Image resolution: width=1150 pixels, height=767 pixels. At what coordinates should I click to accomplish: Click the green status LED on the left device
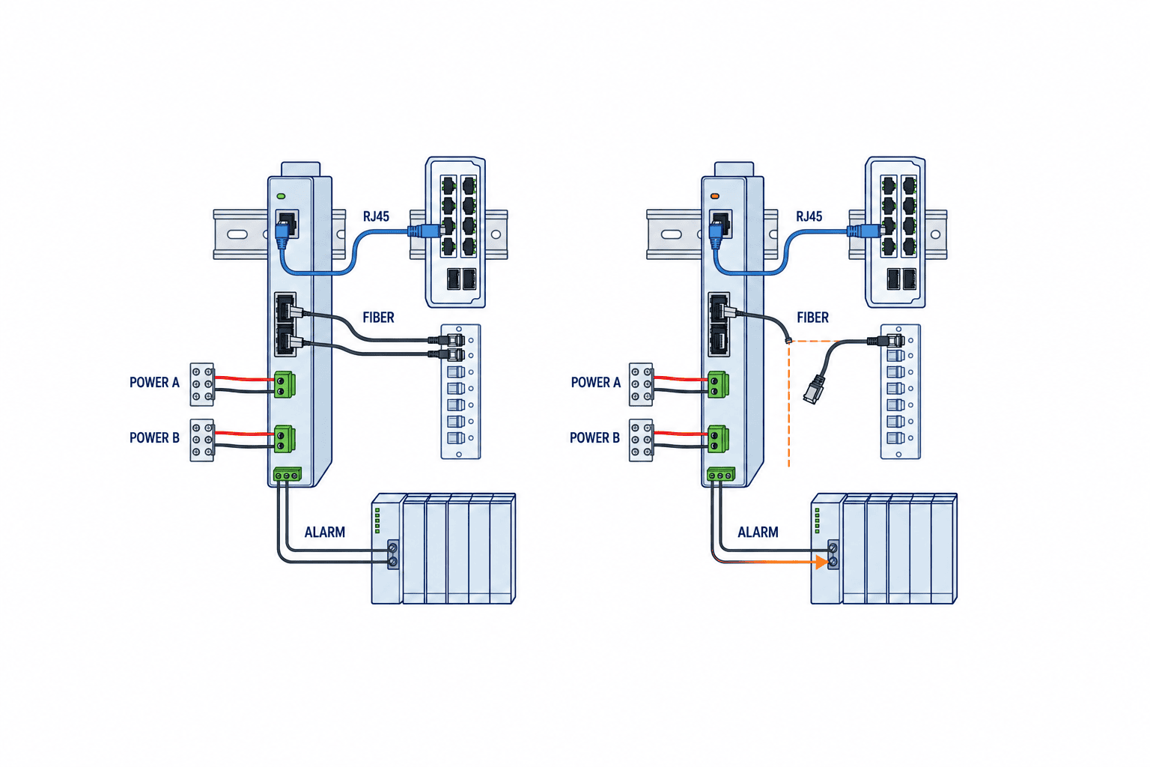coord(281,196)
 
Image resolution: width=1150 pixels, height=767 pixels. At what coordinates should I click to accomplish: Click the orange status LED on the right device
coord(714,196)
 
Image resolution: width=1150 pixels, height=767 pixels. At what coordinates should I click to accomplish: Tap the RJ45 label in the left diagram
coord(377,216)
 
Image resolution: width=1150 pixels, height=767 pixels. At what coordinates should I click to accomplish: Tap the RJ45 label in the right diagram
coord(809,216)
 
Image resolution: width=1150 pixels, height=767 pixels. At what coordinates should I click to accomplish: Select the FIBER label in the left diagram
coord(378,318)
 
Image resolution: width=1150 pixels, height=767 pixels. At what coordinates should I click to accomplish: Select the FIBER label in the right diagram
coord(812,318)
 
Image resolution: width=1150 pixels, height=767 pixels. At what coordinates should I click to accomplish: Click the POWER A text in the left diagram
coord(154,382)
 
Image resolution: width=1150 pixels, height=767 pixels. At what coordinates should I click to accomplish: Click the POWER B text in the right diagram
coord(594,437)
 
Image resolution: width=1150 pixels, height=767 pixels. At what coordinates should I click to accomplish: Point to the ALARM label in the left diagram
coord(324,533)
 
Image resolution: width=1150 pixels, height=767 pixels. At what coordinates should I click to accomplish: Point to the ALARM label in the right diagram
coord(758,533)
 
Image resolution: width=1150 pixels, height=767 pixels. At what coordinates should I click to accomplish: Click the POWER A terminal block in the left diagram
coord(201,384)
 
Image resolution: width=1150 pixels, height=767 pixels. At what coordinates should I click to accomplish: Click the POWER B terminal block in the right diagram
coord(641,440)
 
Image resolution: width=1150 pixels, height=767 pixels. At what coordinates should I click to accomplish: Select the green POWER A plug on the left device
coord(285,384)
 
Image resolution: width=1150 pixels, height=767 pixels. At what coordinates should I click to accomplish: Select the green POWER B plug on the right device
coord(718,439)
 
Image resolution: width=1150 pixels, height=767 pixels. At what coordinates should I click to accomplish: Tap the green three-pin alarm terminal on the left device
coord(287,474)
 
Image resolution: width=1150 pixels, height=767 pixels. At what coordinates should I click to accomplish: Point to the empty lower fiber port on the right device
coord(718,339)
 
